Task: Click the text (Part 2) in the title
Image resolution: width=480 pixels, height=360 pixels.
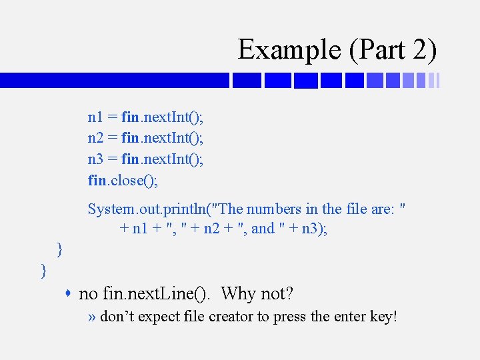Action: tap(393, 49)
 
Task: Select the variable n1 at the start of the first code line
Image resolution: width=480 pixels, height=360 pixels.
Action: tap(95, 117)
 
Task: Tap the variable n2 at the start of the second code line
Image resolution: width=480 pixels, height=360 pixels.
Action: tap(95, 138)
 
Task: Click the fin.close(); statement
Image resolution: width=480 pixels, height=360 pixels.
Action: tap(123, 179)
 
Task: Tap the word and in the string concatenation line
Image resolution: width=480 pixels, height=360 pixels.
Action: tap(263, 229)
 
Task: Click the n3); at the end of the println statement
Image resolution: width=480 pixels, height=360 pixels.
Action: tap(314, 229)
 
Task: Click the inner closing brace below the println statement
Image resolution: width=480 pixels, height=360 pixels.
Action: tap(61, 249)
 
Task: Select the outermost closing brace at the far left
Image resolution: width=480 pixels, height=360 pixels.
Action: tap(44, 270)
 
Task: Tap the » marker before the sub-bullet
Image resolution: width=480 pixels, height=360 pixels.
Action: tap(92, 316)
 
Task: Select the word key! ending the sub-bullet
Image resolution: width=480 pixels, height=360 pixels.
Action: tap(383, 316)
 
